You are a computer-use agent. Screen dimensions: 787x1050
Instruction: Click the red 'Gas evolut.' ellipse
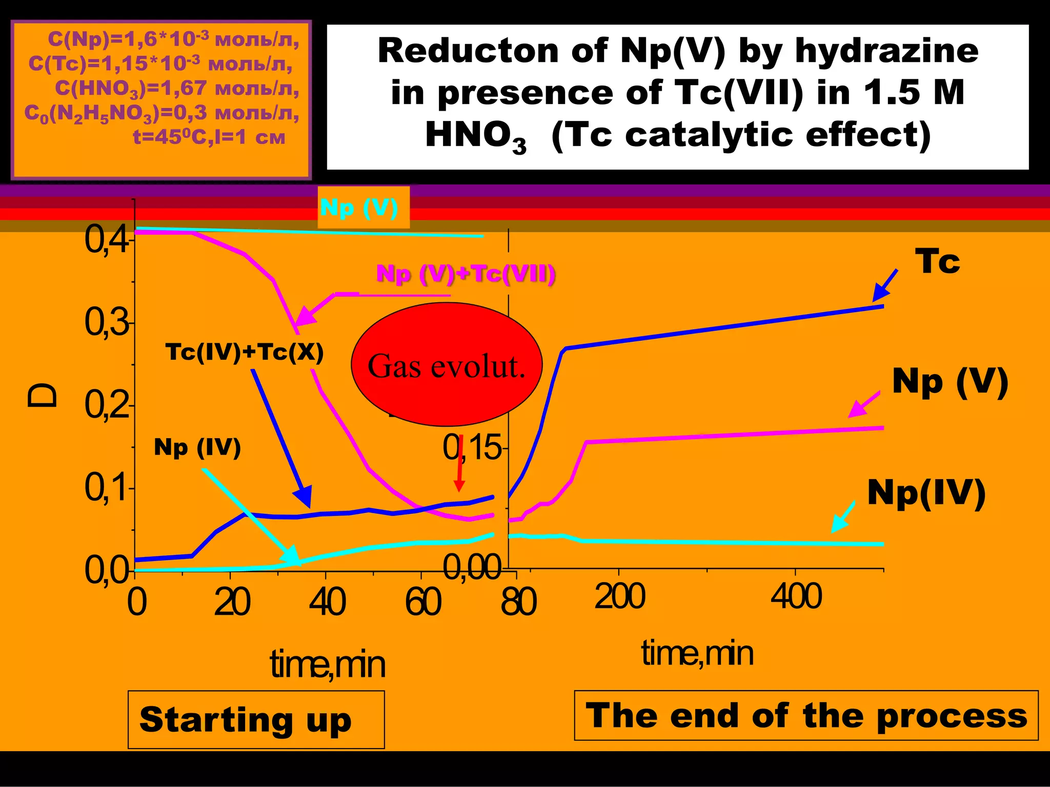click(x=446, y=365)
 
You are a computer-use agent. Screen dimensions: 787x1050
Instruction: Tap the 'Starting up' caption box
click(x=256, y=719)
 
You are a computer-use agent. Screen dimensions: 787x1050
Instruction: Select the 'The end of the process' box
click(x=806, y=715)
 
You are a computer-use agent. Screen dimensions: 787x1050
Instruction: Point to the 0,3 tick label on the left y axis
click(x=107, y=323)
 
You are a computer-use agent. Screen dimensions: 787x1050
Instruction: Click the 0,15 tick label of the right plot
click(x=472, y=447)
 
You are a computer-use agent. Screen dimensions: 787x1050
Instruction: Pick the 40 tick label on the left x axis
click(x=327, y=602)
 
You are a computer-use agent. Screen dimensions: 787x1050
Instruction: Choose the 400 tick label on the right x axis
click(x=796, y=597)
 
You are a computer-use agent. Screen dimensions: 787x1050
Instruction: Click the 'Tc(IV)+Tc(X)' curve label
click(x=245, y=353)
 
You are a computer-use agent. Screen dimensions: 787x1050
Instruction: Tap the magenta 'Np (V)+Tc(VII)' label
click(x=466, y=274)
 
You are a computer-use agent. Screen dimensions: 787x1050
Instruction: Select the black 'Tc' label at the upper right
click(x=937, y=261)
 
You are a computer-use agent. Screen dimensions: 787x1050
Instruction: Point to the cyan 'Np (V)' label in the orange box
click(x=359, y=208)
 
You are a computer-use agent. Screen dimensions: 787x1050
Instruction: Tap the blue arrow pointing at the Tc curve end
click(x=885, y=285)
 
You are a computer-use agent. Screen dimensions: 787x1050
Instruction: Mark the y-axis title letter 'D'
click(x=43, y=395)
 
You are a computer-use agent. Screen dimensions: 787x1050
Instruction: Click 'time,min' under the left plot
click(x=327, y=665)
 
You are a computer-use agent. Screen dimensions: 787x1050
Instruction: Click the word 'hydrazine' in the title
click(x=886, y=51)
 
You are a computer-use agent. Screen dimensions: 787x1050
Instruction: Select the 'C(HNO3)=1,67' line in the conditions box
click(x=177, y=89)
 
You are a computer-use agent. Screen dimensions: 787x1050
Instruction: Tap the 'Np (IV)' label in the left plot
click(x=197, y=447)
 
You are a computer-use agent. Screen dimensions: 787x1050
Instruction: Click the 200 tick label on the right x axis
click(x=619, y=597)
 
